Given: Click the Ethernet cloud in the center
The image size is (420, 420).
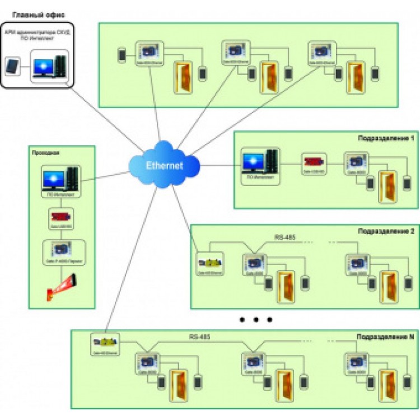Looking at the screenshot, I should (164, 165).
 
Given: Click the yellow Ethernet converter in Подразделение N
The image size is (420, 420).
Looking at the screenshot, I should (105, 340).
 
